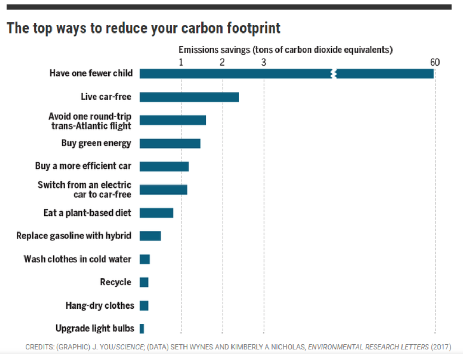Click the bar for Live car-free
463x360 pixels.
pyautogui.click(x=189, y=97)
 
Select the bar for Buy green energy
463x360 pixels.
pyautogui.click(x=170, y=143)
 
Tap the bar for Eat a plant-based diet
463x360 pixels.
pyautogui.click(x=157, y=213)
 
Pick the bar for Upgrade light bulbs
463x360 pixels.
pyautogui.click(x=142, y=329)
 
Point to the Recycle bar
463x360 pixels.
pyautogui.click(x=144, y=282)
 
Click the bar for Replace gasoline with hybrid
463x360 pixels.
pyautogui.click(x=150, y=236)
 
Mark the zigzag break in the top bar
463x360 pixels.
pyautogui.click(x=334, y=74)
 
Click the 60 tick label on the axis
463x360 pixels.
pyautogui.click(x=435, y=63)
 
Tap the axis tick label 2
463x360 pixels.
pyautogui.click(x=222, y=63)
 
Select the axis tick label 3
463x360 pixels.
pyautogui.click(x=264, y=63)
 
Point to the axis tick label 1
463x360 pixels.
pyautogui.click(x=181, y=63)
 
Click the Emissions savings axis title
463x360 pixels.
pyautogui.click(x=285, y=50)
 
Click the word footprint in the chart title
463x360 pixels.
pyautogui.click(x=254, y=28)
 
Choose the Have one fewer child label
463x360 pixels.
pyautogui.click(x=91, y=73)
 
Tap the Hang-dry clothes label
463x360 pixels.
pyautogui.click(x=100, y=305)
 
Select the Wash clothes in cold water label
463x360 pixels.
pyautogui.click(x=77, y=259)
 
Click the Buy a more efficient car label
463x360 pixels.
pyautogui.click(x=83, y=166)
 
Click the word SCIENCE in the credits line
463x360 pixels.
pyautogui.click(x=130, y=347)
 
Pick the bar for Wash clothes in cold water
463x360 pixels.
pyautogui.click(x=145, y=259)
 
